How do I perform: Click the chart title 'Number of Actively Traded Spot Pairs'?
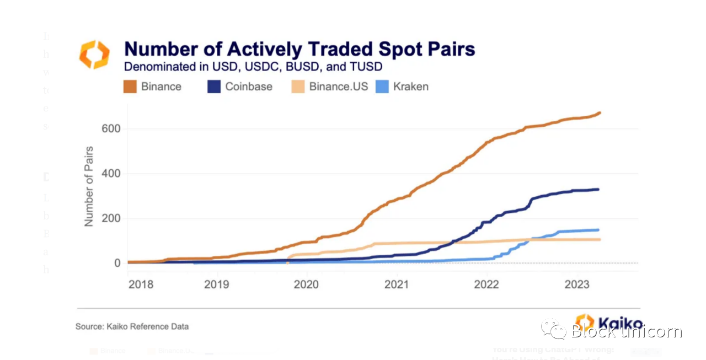coord(299,49)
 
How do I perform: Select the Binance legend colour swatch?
coord(130,87)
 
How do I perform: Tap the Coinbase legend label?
coord(248,87)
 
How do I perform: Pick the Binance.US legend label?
coord(338,87)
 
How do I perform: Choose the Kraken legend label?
coord(410,87)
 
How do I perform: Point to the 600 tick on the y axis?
coord(110,128)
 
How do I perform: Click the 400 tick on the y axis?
coord(110,174)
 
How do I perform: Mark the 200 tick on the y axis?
coord(110,218)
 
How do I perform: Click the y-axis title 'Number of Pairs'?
coord(89,186)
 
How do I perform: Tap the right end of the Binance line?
coord(600,112)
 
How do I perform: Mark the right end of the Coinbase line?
coord(598,190)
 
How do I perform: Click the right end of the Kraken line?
coord(598,230)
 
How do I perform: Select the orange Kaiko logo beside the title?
coord(94,54)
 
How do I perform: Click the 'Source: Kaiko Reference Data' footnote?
coord(132,326)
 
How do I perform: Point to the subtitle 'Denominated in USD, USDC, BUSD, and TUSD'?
coord(253,67)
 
